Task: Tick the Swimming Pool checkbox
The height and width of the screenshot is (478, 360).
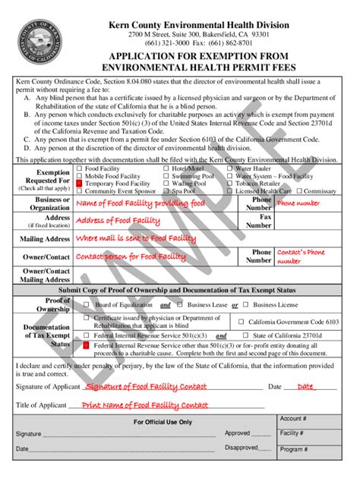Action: (167, 176)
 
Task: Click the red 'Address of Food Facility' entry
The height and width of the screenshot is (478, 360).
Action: (119, 220)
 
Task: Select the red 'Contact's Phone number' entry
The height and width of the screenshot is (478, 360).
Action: (298, 256)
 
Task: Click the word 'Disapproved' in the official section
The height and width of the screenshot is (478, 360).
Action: (241, 448)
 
